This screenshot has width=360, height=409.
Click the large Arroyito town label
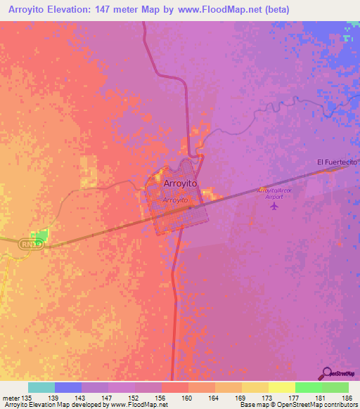(x=180, y=183)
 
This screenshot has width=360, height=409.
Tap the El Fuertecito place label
(x=337, y=162)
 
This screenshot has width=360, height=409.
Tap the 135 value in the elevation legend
(x=27, y=398)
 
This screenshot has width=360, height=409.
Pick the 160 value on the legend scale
(x=188, y=398)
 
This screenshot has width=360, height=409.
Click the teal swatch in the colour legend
(x=41, y=387)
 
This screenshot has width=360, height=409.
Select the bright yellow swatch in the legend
(x=281, y=387)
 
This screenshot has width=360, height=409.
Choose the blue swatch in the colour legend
(x=68, y=387)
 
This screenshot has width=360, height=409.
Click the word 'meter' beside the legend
(x=11, y=398)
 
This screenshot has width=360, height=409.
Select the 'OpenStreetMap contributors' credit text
(x=323, y=405)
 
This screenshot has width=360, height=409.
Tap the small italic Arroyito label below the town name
(x=175, y=200)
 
